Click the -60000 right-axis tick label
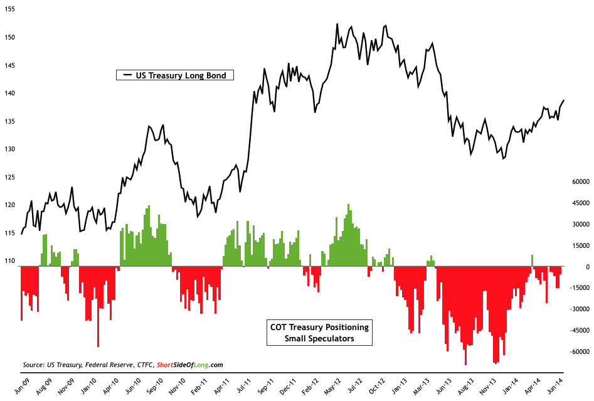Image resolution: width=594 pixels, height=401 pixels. (576, 351)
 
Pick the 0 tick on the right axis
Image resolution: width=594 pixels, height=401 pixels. (586, 266)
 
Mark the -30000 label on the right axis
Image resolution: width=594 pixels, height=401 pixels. (576, 309)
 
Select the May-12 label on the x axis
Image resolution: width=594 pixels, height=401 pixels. (331, 384)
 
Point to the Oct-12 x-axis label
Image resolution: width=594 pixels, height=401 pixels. (375, 384)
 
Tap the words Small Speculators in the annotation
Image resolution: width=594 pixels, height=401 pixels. (319, 338)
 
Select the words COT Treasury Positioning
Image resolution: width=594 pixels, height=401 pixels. (319, 327)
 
